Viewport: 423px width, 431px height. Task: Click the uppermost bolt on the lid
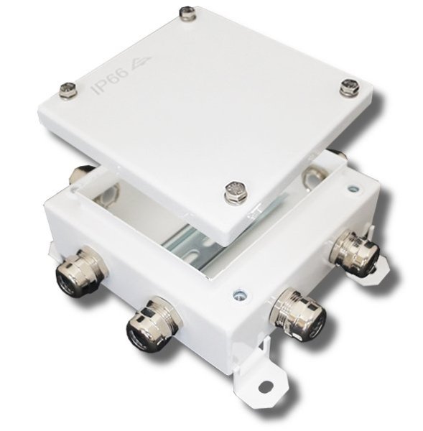(187, 13)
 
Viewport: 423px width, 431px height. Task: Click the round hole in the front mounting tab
(265, 388)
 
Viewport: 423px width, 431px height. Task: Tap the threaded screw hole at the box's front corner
(239, 295)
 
